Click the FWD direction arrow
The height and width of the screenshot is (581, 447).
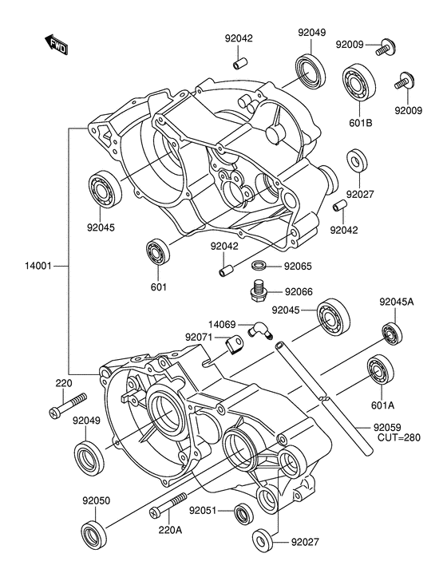[x=56, y=45]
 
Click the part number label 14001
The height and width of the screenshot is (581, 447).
[x=38, y=266]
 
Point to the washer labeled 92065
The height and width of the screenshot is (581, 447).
[x=260, y=266]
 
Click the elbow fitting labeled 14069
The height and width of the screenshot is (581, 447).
[x=259, y=330]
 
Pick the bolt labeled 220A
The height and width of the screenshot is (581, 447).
[x=167, y=504]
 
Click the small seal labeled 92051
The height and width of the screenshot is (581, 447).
[x=244, y=514]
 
